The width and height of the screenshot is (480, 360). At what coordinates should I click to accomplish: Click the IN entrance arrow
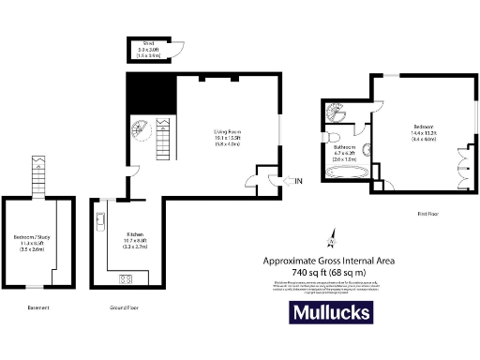(x=296, y=180)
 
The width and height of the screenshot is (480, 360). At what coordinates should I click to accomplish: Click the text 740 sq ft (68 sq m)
(x=326, y=272)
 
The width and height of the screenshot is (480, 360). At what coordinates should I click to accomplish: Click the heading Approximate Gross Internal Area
(x=326, y=260)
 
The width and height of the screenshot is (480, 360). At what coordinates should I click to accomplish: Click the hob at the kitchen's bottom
(x=126, y=277)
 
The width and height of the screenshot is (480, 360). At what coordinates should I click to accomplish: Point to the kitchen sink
(x=99, y=221)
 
